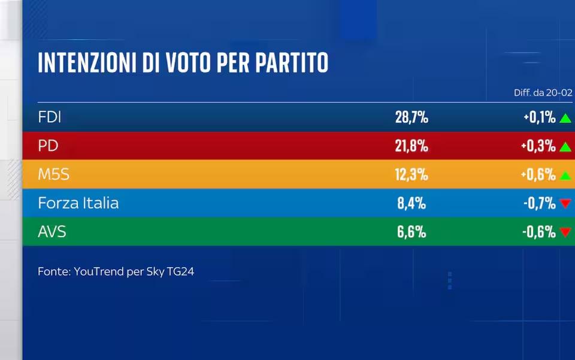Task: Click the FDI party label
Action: [50, 117]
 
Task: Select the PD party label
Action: [48, 146]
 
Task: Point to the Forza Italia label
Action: [78, 203]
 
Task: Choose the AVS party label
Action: [52, 232]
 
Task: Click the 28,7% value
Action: [411, 117]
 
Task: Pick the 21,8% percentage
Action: [411, 146]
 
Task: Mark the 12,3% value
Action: [411, 174]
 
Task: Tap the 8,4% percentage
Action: [411, 203]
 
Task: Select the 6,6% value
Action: [411, 232]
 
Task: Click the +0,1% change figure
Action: [539, 117]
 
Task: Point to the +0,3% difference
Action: [539, 146]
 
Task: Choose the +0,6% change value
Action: [539, 175]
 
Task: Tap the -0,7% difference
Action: [539, 203]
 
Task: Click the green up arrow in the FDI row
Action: [565, 118]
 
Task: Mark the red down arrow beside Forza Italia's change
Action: [565, 204]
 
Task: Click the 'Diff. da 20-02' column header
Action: [543, 92]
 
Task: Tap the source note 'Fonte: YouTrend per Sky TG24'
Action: [116, 271]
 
